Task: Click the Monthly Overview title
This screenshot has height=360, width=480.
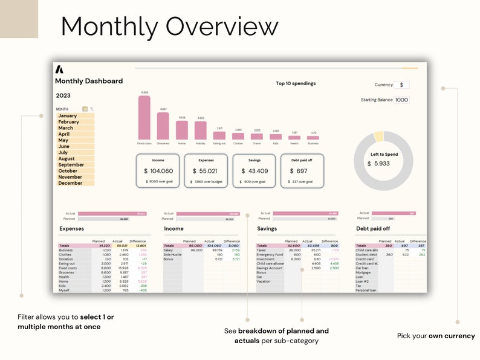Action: pyautogui.click(x=169, y=27)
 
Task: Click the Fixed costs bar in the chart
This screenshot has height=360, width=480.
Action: pyautogui.click(x=144, y=118)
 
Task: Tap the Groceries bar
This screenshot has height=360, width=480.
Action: pyautogui.click(x=163, y=126)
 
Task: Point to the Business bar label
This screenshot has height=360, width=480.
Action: pyautogui.click(x=313, y=143)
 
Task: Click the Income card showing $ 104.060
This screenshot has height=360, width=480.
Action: pyautogui.click(x=158, y=171)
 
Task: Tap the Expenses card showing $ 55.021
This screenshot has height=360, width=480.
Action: pyautogui.click(x=206, y=171)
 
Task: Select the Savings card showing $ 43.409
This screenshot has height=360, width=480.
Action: pyautogui.click(x=255, y=171)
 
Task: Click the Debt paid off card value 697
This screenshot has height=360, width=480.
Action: pyautogui.click(x=302, y=171)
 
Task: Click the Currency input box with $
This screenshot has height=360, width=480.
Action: pyautogui.click(x=401, y=85)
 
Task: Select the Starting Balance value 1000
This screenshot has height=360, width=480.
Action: pyautogui.click(x=401, y=100)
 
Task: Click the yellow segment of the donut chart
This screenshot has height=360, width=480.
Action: pyautogui.click(x=378, y=137)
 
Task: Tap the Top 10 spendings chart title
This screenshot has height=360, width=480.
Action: pyautogui.click(x=296, y=83)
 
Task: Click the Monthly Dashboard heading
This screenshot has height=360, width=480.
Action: pyautogui.click(x=89, y=81)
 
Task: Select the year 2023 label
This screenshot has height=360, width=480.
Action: pyautogui.click(x=63, y=95)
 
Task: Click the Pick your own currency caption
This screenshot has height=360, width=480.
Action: pyautogui.click(x=436, y=336)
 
